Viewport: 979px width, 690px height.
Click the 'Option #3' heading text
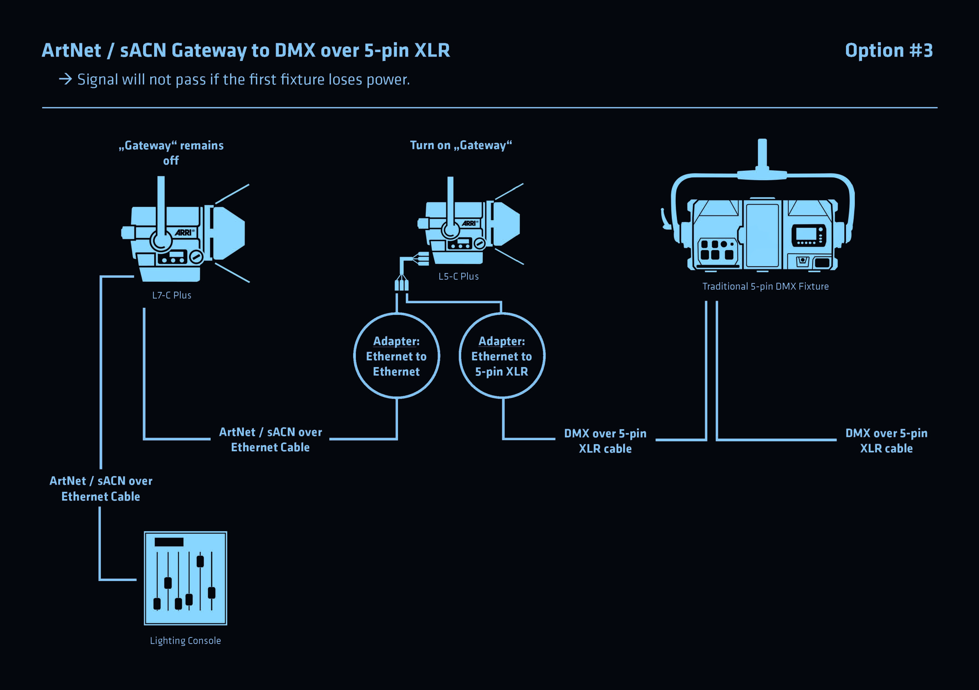[x=889, y=51]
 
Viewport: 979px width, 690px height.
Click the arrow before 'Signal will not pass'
[x=65, y=79]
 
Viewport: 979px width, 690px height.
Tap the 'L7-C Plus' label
[x=171, y=295]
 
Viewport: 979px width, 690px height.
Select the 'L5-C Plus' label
[x=458, y=276]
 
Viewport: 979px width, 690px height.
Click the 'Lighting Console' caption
[x=185, y=641]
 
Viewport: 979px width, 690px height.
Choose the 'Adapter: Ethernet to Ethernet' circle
[x=397, y=356]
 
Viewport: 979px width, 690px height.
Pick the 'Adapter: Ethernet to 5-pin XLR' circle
[x=502, y=356]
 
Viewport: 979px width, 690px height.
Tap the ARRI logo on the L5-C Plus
[x=469, y=223]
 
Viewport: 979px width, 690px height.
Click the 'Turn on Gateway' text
[x=460, y=146]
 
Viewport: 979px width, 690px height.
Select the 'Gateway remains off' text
[x=171, y=153]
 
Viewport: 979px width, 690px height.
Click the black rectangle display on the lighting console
[x=169, y=542]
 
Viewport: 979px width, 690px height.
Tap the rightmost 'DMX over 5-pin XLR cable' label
[x=886, y=441]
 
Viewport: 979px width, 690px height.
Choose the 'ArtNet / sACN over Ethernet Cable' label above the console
[x=101, y=489]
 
